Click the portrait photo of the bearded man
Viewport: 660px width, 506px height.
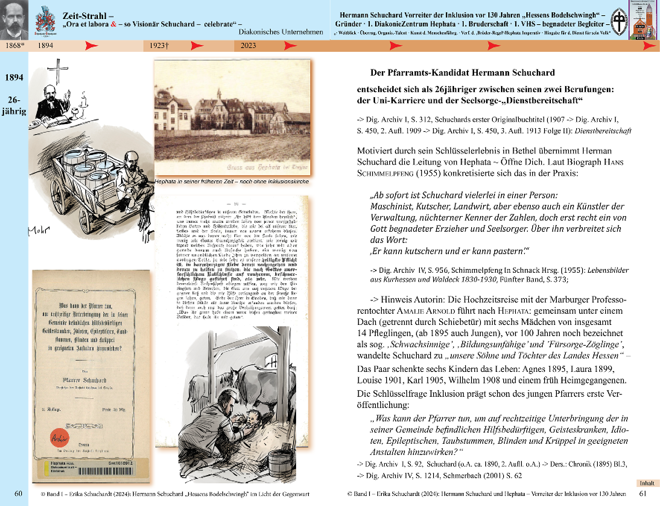tap(14, 19)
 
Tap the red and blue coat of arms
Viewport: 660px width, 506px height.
tap(45, 21)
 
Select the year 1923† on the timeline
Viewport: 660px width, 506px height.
tap(159, 45)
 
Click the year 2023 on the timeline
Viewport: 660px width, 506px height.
tap(248, 45)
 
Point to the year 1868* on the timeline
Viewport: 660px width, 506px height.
tap(15, 45)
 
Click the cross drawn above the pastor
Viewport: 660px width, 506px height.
tap(58, 70)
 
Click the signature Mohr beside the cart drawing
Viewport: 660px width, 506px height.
tap(38, 230)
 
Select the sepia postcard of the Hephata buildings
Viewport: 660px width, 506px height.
tap(232, 117)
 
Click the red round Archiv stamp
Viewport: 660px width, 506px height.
tap(60, 438)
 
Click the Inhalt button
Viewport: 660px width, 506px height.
tap(647, 483)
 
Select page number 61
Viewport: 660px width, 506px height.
tap(643, 494)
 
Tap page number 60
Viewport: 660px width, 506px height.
tap(18, 494)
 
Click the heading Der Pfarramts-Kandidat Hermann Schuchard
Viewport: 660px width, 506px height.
tap(462, 73)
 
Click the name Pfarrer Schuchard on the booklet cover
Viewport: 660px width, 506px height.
tap(85, 380)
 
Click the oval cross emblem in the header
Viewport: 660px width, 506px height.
tap(619, 22)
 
